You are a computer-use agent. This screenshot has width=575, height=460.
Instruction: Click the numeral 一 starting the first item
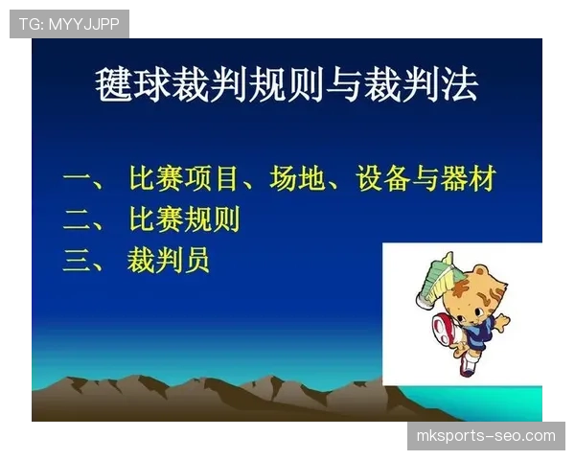[77, 179]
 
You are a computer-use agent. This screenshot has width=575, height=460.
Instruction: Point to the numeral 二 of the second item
[77, 220]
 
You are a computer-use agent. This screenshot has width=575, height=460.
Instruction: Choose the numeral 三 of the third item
[77, 261]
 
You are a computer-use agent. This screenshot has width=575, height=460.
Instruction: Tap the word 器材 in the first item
[470, 179]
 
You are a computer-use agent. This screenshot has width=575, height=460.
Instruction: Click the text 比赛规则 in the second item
[184, 220]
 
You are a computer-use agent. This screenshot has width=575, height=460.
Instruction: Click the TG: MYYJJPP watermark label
[69, 23]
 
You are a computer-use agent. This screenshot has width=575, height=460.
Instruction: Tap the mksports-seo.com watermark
[486, 436]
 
